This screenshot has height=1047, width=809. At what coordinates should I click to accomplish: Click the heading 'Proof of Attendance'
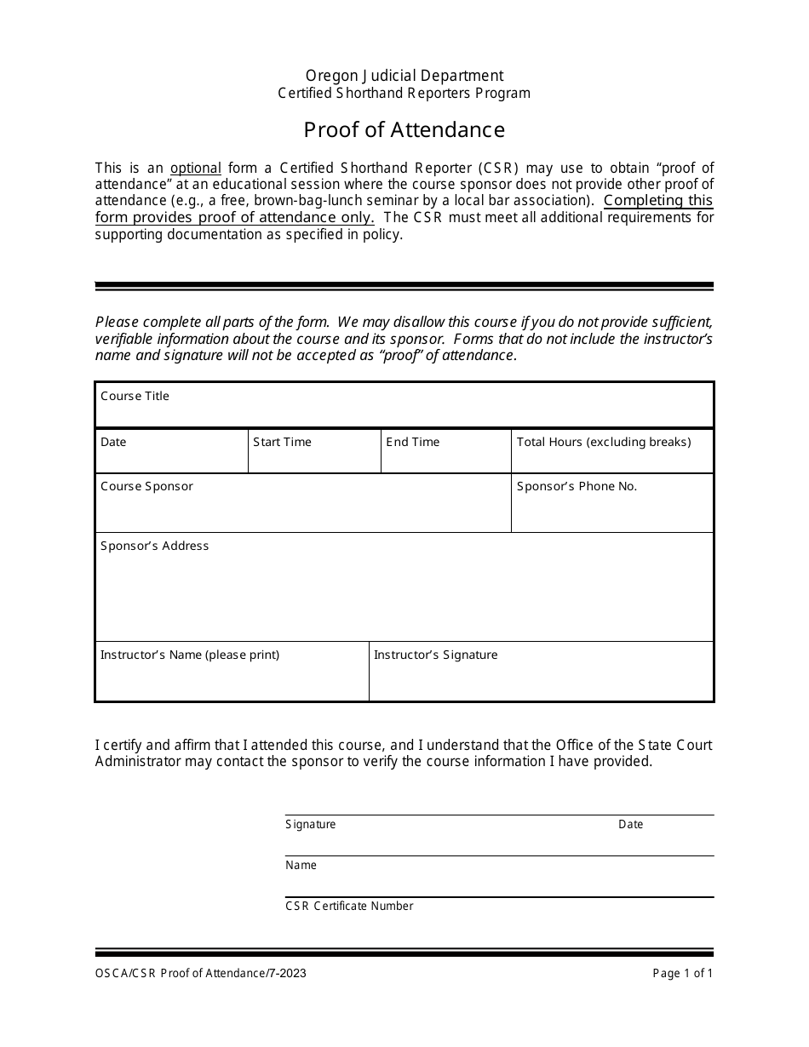(x=404, y=129)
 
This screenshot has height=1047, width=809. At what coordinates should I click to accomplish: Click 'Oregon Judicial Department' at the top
(x=404, y=76)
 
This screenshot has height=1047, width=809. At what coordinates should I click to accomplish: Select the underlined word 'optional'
(x=196, y=168)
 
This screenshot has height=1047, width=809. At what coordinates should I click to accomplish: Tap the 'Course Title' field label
(x=135, y=396)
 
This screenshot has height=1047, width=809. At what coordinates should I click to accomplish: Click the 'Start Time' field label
(x=282, y=442)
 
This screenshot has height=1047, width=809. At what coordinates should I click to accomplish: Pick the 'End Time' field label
(x=413, y=442)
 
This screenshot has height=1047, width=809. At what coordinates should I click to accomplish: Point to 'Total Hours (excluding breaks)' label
(x=604, y=442)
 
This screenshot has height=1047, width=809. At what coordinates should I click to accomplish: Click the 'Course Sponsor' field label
(x=146, y=486)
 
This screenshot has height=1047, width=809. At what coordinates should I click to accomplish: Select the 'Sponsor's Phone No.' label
(x=577, y=486)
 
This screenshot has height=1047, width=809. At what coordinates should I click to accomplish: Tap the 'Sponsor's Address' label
(x=154, y=546)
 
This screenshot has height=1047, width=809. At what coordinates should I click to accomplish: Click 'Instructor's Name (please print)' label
(x=190, y=655)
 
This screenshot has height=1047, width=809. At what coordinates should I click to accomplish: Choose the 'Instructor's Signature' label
(x=435, y=655)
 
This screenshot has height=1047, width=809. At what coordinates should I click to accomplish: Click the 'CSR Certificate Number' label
(x=349, y=906)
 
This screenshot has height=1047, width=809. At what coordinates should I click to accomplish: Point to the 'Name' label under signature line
(x=301, y=865)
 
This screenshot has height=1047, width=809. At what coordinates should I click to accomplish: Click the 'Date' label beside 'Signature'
(x=630, y=824)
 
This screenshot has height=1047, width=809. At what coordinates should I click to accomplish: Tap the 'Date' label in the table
(x=113, y=442)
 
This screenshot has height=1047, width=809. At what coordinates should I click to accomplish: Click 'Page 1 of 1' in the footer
(x=683, y=974)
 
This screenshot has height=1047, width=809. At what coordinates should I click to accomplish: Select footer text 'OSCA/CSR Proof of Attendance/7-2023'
(x=201, y=974)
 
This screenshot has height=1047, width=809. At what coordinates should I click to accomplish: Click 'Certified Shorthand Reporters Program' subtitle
(x=404, y=94)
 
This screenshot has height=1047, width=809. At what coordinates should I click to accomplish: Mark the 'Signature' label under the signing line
(x=311, y=824)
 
